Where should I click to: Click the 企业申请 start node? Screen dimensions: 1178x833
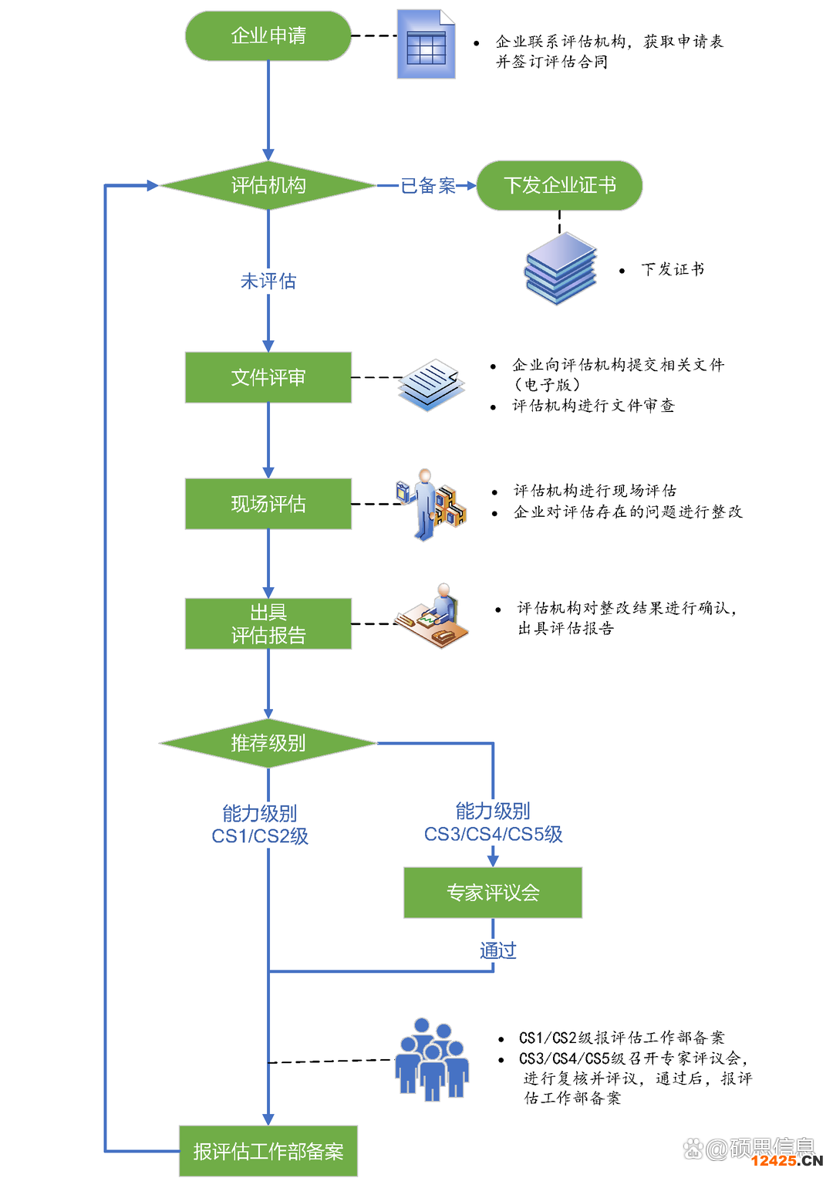[x=268, y=35]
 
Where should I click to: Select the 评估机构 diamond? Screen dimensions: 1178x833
[x=268, y=185]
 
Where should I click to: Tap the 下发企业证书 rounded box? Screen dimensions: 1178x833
[x=559, y=185]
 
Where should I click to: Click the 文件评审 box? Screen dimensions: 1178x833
[x=268, y=377]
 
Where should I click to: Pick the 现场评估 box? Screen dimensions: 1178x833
[x=268, y=504]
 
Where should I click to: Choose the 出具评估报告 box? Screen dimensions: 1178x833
[x=268, y=623]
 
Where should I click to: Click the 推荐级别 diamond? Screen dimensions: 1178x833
[x=268, y=743]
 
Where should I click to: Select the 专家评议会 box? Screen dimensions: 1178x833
[x=492, y=893]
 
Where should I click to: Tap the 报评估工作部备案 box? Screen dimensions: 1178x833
[x=268, y=1151]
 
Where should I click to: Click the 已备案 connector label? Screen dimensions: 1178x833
[x=428, y=186]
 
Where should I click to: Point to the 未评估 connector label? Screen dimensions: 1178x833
[x=268, y=281]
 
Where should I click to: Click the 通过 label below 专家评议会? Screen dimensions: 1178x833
[x=497, y=950]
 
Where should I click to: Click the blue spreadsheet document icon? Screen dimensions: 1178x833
[x=426, y=45]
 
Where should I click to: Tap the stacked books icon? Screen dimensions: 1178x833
[x=561, y=269]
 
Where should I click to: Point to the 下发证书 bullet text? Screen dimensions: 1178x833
[x=673, y=269]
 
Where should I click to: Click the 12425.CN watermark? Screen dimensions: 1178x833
[x=787, y=1160]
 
